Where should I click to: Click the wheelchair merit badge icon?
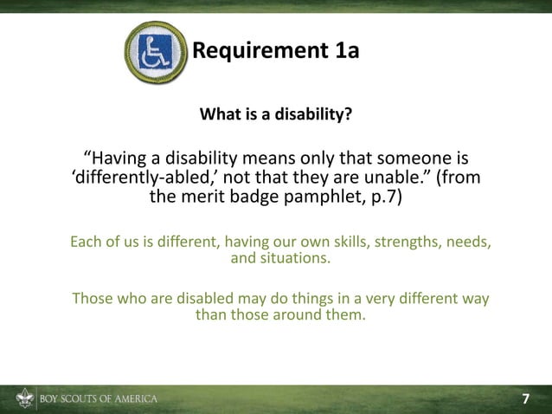point(157,51)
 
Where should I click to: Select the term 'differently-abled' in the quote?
point(141,180)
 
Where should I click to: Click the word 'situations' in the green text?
point(292,258)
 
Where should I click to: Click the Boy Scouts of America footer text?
point(97,399)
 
